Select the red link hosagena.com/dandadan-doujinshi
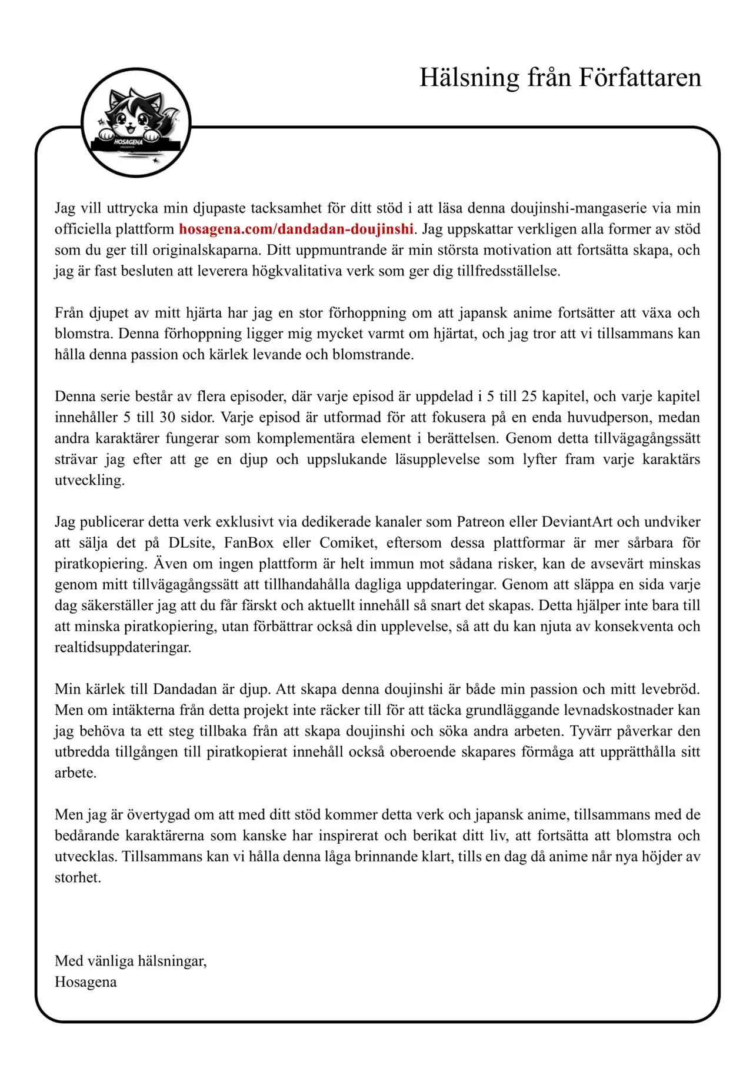[x=296, y=229]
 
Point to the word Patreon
[x=481, y=522]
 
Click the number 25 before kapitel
[x=529, y=396]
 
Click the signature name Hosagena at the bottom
[x=85, y=982]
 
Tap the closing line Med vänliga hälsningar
[x=131, y=961]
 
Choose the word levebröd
[x=667, y=689]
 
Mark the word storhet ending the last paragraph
[x=77, y=877]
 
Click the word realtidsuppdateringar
[x=122, y=647]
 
